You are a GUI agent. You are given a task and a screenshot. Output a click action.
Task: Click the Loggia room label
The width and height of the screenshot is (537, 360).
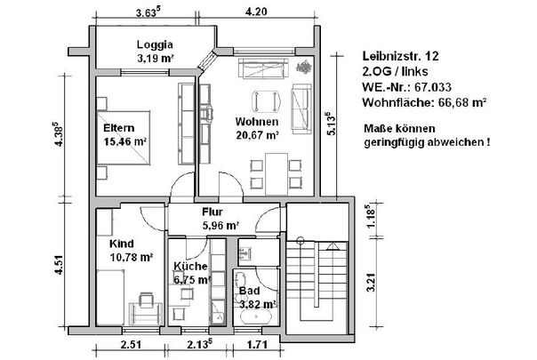click(155, 44)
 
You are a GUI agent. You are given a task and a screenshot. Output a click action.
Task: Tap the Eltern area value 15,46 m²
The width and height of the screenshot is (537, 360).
click(125, 141)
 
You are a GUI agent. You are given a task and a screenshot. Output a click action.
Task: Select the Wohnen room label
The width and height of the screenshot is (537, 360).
click(257, 122)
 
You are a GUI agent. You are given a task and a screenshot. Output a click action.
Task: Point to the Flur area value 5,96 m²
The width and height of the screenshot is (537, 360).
click(220, 226)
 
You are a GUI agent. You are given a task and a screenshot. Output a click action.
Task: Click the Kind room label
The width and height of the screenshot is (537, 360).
click(122, 244)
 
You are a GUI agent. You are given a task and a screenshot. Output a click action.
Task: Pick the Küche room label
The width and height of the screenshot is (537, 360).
click(190, 266)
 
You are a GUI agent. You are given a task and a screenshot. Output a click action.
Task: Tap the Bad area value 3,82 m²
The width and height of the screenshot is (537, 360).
click(258, 304)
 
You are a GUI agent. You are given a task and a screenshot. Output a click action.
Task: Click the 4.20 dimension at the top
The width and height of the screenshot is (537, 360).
click(256, 12)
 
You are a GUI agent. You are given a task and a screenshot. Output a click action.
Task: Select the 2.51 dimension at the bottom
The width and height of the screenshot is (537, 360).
click(131, 344)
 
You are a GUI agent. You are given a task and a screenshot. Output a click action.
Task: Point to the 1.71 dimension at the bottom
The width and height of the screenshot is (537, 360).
click(257, 344)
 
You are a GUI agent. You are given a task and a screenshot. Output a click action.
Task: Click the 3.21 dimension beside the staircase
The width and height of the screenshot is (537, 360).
click(371, 283)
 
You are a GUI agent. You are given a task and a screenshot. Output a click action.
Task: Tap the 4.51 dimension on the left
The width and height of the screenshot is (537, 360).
click(59, 264)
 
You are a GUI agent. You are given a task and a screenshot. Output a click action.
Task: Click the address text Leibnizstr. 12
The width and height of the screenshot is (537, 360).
click(400, 56)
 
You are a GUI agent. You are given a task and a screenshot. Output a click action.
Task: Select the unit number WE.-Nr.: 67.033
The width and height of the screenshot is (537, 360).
click(407, 87)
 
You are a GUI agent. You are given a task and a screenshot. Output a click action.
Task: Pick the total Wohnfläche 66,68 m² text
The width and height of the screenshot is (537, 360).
click(424, 102)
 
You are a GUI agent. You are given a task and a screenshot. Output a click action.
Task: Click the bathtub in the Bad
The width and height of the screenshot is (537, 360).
click(256, 316)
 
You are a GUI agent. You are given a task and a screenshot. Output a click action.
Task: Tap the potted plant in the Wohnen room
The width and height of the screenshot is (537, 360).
click(304, 67)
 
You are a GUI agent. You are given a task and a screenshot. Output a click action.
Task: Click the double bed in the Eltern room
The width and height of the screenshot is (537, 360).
click(124, 138)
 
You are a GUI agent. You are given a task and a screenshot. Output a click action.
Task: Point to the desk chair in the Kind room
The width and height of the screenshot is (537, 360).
click(146, 300)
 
